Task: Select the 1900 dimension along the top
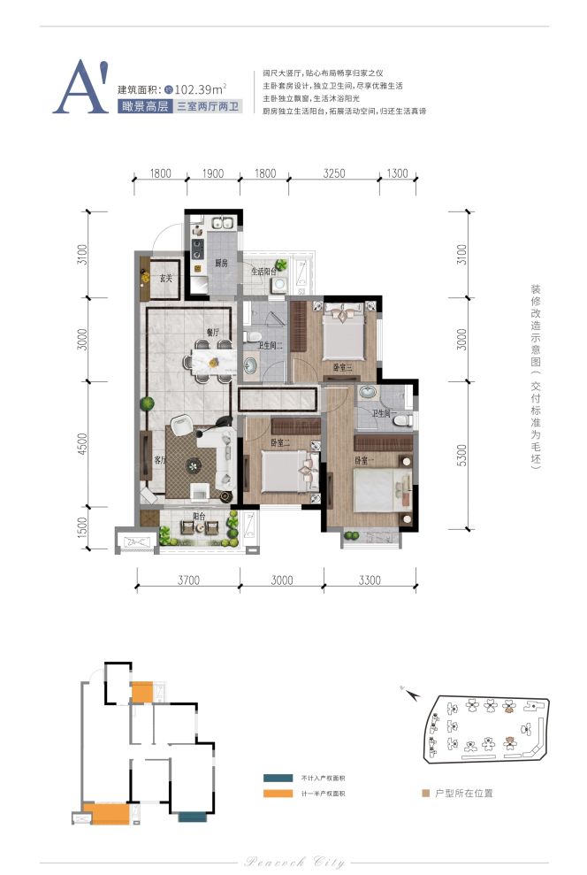(x=212, y=173)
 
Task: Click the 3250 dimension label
(x=335, y=173)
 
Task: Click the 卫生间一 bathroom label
(x=383, y=414)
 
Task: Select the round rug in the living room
(x=194, y=464)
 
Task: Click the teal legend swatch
(x=271, y=778)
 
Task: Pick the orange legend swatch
(x=271, y=794)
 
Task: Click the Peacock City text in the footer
(x=293, y=862)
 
